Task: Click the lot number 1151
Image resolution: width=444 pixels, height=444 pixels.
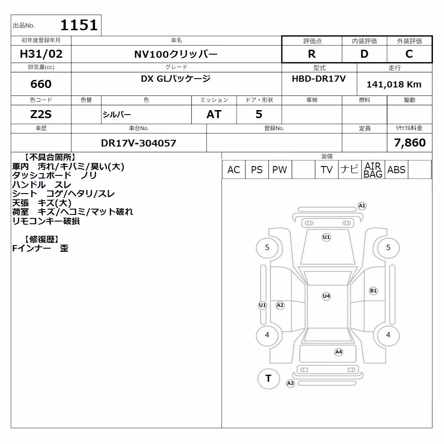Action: click(x=79, y=25)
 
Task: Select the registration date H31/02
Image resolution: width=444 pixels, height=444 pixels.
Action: click(x=41, y=54)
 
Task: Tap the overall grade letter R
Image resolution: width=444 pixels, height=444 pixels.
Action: click(x=312, y=54)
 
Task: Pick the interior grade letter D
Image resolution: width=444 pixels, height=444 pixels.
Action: click(x=364, y=54)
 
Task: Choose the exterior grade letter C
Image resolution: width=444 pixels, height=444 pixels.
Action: click(x=409, y=54)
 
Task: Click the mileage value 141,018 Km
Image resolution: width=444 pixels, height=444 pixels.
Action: click(x=394, y=84)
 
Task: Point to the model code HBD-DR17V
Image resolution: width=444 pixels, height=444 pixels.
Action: click(x=319, y=79)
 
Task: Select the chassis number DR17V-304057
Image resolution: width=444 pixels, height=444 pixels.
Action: click(x=139, y=143)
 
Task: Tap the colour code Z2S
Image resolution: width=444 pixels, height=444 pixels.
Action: click(x=41, y=115)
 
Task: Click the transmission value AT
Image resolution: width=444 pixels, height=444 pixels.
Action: click(x=214, y=115)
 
